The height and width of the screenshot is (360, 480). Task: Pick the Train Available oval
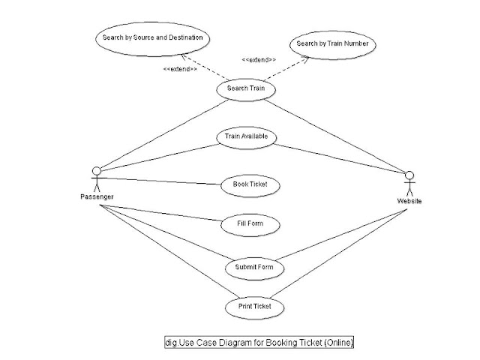(246, 137)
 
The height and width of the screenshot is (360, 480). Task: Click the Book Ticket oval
(244, 184)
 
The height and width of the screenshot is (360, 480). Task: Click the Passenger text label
(97, 196)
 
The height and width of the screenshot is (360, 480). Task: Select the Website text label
(409, 202)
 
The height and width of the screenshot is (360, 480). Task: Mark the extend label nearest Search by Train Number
(258, 59)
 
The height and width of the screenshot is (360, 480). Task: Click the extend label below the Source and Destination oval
(180, 69)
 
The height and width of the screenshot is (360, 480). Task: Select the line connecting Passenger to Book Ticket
(161, 181)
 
